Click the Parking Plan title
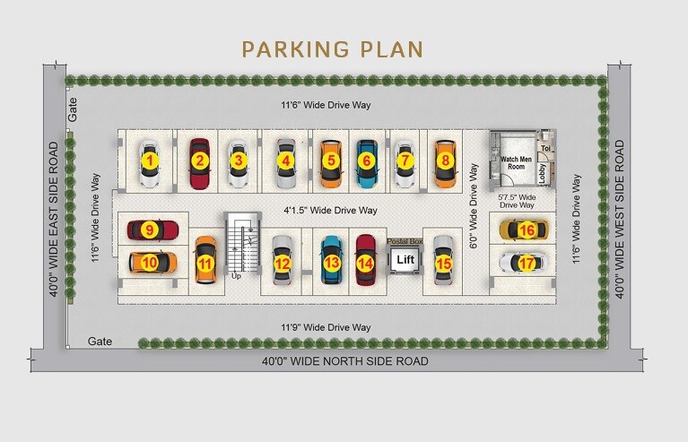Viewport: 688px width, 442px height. (332, 48)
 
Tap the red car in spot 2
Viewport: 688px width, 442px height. (199, 162)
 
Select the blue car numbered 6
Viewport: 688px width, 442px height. (365, 161)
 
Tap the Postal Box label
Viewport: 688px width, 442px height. (404, 241)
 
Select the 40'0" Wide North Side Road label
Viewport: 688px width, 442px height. (344, 361)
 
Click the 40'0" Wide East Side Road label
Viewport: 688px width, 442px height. (56, 219)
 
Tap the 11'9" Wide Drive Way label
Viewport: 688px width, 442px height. (326, 327)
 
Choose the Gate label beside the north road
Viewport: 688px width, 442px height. (100, 342)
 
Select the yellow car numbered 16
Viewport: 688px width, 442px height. (520, 230)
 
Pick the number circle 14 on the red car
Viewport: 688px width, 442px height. (364, 264)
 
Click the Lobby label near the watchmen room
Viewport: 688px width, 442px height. (543, 170)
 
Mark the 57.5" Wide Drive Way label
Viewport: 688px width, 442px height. (517, 201)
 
